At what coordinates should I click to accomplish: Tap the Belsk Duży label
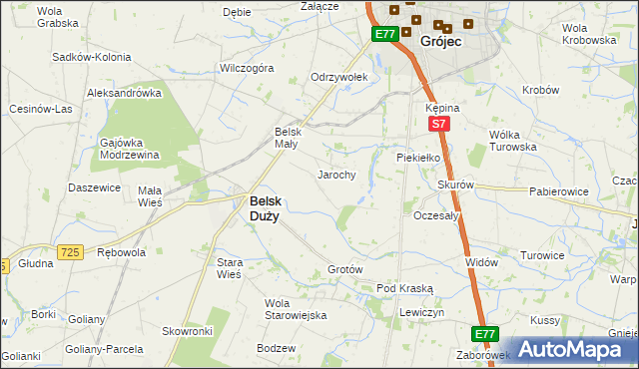click(x=264, y=206)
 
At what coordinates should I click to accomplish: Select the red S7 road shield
click(x=437, y=125)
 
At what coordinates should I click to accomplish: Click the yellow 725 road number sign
click(x=69, y=253)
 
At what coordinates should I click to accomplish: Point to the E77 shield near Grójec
click(x=385, y=34)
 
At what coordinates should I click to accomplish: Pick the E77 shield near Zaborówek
click(x=485, y=334)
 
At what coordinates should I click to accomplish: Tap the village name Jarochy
click(x=336, y=175)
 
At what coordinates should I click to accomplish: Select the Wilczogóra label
click(x=247, y=69)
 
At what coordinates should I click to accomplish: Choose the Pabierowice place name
click(x=558, y=190)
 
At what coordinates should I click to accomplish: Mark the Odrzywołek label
click(x=339, y=77)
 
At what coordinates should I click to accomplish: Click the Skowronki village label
click(x=188, y=330)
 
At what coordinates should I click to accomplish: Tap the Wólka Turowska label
click(x=512, y=140)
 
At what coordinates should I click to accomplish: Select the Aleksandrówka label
click(x=125, y=93)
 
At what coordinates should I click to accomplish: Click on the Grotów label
click(x=344, y=270)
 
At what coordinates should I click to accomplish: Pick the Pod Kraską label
click(x=404, y=288)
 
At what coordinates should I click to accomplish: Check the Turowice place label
click(x=569, y=255)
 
